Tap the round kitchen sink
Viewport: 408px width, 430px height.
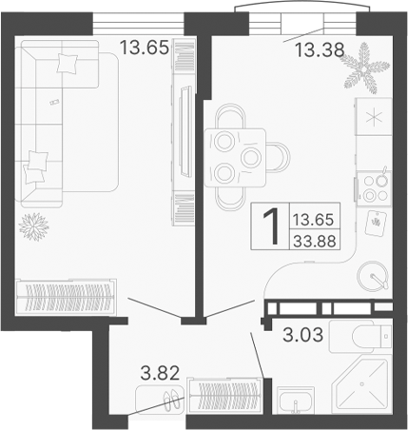pos(375,277)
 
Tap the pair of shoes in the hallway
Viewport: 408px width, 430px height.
pos(172,400)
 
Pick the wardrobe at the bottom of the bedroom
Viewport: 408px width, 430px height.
pos(67,297)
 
